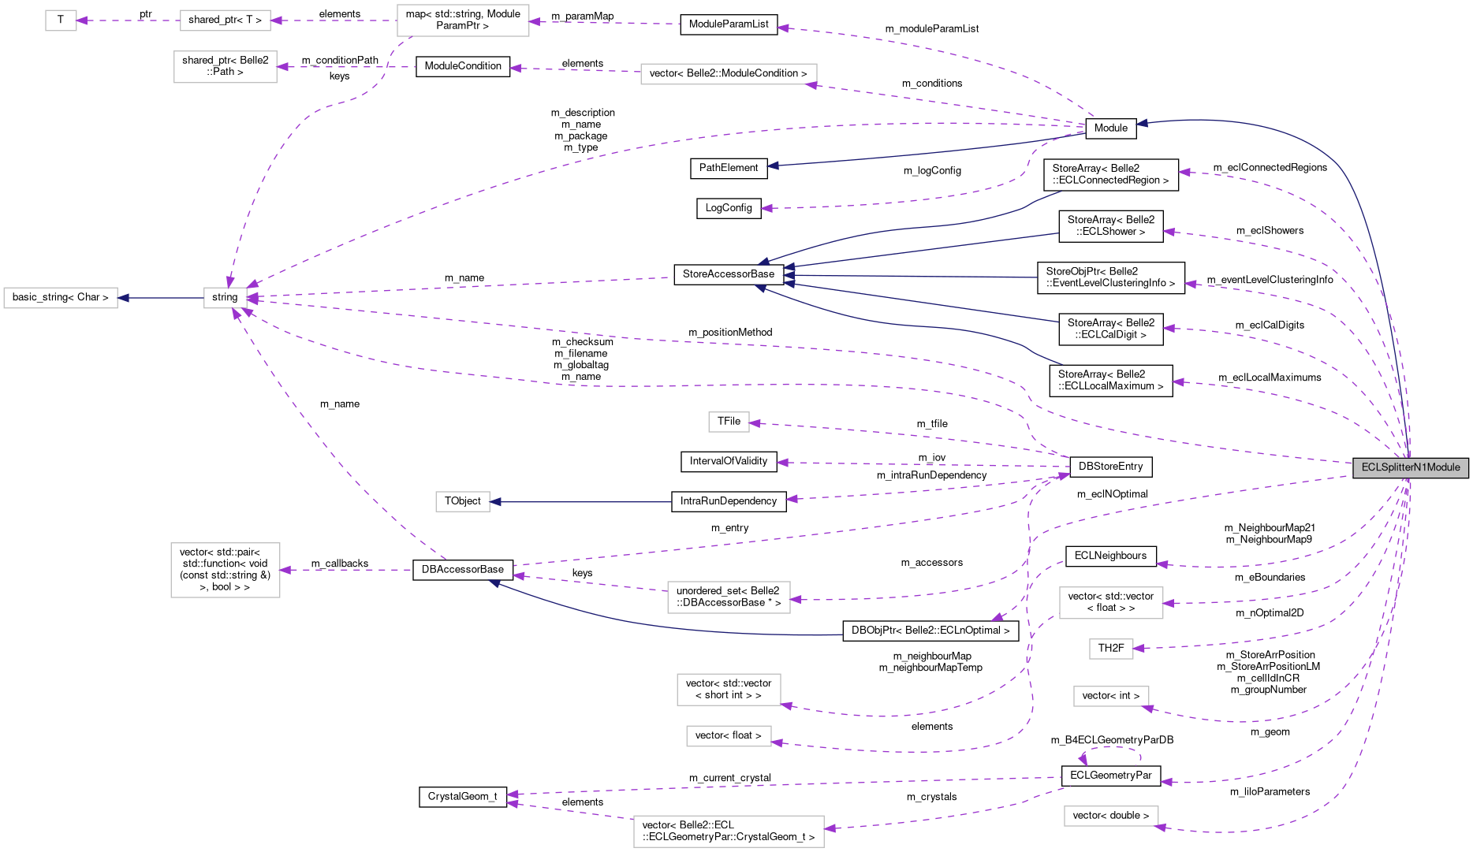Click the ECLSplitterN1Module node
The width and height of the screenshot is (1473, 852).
pos(1410,467)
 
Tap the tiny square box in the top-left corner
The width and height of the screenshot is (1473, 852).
pos(61,20)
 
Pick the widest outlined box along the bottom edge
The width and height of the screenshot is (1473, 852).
pos(729,832)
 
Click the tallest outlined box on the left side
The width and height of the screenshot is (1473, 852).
pos(226,570)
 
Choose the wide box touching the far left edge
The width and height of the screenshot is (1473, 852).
pos(61,298)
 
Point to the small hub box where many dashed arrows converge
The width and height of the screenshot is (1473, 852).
pos(226,298)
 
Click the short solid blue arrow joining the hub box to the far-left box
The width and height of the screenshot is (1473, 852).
pos(161,298)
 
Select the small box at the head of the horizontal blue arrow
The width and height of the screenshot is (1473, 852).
pos(463,501)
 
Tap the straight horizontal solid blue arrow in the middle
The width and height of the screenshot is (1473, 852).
pos(584,501)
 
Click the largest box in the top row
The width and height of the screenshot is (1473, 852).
pos(463,20)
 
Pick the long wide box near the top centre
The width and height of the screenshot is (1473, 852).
pos(729,74)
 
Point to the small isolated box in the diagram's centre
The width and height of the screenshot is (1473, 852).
pos(729,422)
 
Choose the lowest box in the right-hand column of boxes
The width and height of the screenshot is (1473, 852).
pos(1111,816)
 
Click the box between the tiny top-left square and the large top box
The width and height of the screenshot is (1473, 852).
pos(226,20)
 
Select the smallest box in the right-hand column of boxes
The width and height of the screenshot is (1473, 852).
pos(1111,649)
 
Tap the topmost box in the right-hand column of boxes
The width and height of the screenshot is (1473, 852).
pos(1111,603)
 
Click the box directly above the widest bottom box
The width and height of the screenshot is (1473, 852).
pos(729,736)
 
